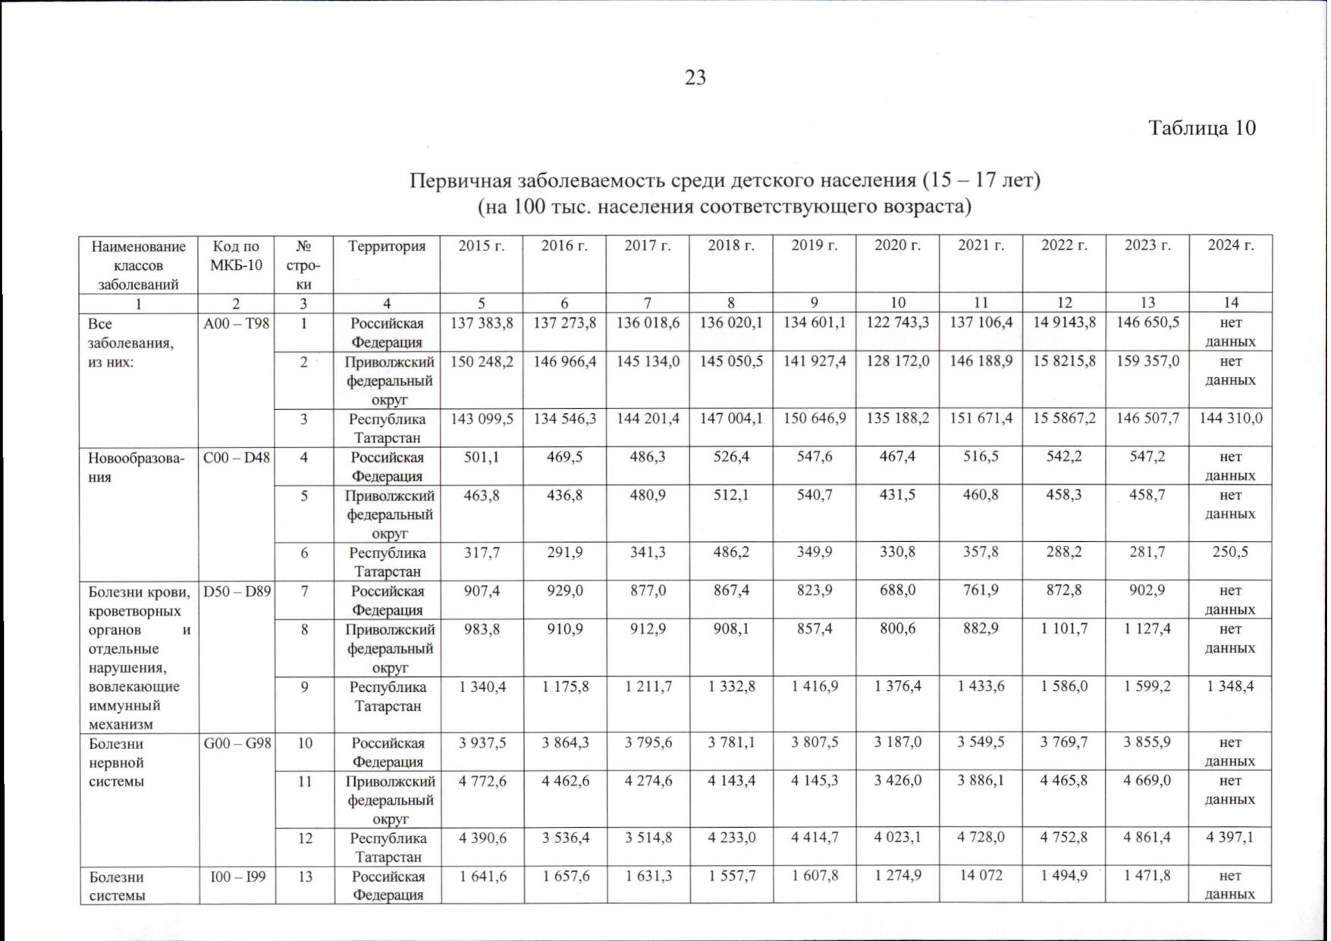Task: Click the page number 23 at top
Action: (695, 78)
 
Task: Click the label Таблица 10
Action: (1202, 127)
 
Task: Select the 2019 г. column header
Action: (814, 245)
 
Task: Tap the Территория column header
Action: (387, 246)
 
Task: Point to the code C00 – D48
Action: (237, 458)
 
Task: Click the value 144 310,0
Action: (1230, 418)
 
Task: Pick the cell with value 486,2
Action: (731, 552)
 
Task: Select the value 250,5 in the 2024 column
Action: (1230, 552)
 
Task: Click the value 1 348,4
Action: (1230, 686)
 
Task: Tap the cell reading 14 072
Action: (981, 875)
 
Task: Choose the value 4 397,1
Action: (1230, 838)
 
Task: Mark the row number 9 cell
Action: (304, 687)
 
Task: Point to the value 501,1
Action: (482, 457)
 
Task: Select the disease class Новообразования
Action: (137, 467)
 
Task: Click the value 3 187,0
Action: (897, 742)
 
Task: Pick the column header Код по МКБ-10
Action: (237, 256)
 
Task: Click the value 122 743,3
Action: (897, 323)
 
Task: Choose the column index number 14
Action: (1230, 303)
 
